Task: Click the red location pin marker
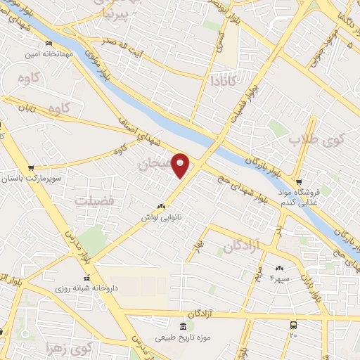point(181,165)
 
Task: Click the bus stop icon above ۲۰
point(293,325)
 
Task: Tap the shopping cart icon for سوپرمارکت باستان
point(31,168)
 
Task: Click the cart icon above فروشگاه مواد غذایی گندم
point(299,181)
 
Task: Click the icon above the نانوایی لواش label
point(162,207)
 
